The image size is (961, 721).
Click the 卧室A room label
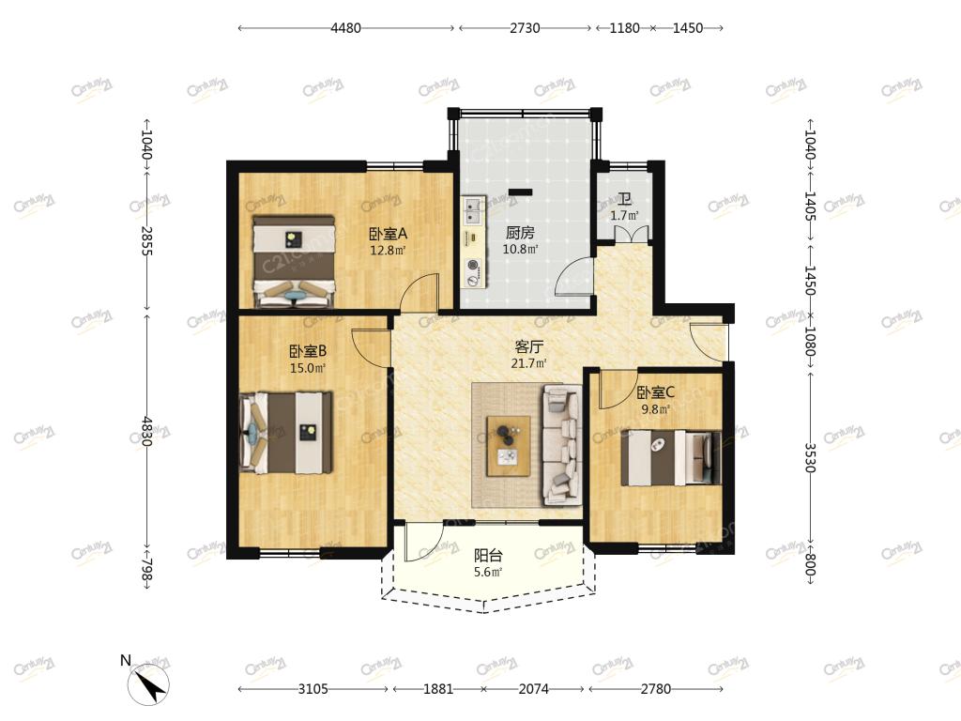pyautogui.click(x=388, y=234)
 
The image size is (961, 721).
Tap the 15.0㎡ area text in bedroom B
pyautogui.click(x=308, y=368)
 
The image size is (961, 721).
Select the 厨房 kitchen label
pyautogui.click(x=520, y=233)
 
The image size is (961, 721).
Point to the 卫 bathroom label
pyautogui.click(x=624, y=199)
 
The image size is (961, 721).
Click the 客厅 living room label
pyautogui.click(x=529, y=346)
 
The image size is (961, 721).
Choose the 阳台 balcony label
pyautogui.click(x=488, y=556)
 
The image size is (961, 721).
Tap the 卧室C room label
pyautogui.click(x=655, y=391)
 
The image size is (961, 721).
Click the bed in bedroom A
pyautogui.click(x=294, y=261)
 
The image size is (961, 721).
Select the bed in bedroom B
pyautogui.click(x=286, y=432)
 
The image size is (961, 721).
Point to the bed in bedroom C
pyautogui.click(x=671, y=457)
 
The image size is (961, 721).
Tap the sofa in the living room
pyautogui.click(x=561, y=444)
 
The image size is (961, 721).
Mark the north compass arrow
pyautogui.click(x=149, y=684)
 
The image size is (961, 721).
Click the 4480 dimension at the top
pyautogui.click(x=345, y=27)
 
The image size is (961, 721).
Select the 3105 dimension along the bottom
pyautogui.click(x=313, y=688)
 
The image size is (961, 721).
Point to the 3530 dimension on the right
pyautogui.click(x=810, y=457)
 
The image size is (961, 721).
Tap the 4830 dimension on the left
pyautogui.click(x=147, y=431)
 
